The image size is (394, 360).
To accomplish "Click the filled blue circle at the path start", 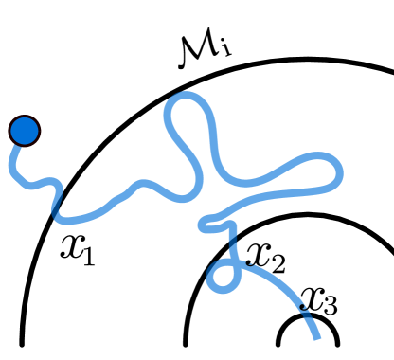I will tap(24, 131).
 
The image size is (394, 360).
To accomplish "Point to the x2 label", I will tap(264, 254).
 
